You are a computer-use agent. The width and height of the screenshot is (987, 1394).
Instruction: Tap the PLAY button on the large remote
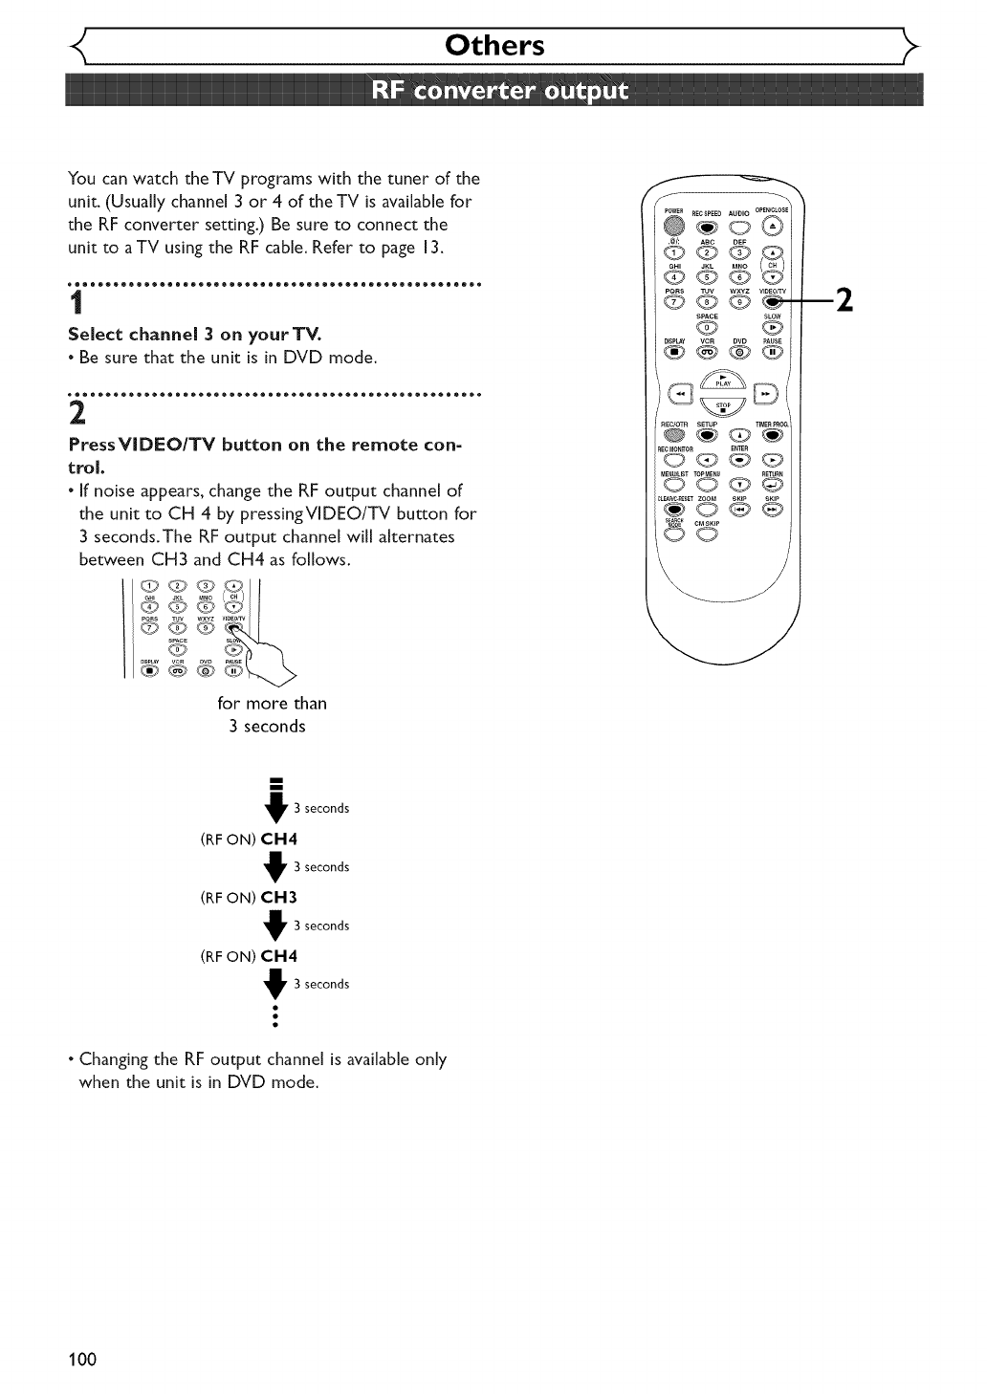click(x=724, y=378)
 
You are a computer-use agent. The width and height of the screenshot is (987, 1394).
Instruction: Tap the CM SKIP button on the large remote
click(x=706, y=534)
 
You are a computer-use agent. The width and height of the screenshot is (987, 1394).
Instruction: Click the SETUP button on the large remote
click(x=707, y=436)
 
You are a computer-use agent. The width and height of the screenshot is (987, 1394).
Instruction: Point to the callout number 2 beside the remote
click(x=844, y=300)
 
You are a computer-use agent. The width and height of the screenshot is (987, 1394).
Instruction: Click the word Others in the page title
click(x=494, y=45)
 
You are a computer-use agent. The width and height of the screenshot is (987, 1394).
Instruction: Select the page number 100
click(x=82, y=1359)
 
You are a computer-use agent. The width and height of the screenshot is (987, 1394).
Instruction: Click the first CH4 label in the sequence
click(x=279, y=839)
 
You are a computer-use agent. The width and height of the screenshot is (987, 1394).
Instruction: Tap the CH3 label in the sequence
click(x=279, y=897)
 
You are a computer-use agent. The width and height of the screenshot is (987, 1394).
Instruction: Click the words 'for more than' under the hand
click(x=272, y=703)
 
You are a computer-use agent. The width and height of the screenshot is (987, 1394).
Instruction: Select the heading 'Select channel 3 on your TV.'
click(x=194, y=335)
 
